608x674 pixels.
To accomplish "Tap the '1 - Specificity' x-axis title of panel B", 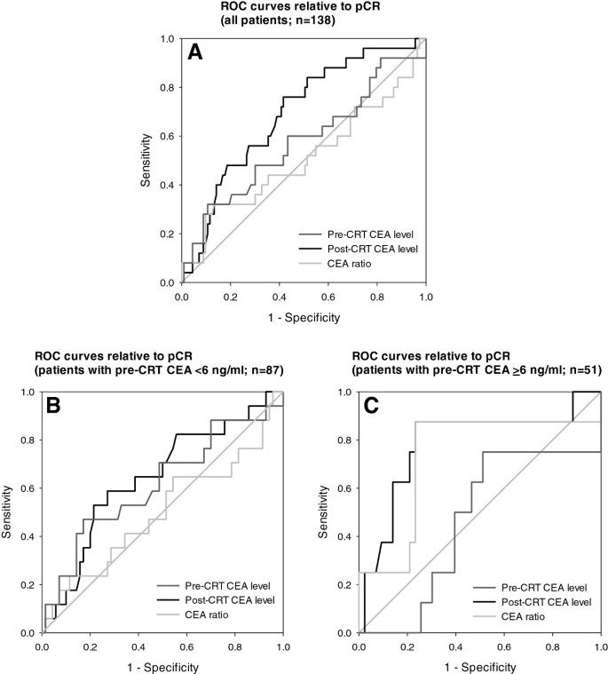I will tap(162, 666).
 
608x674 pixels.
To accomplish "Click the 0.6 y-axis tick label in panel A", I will tap(167, 137).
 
